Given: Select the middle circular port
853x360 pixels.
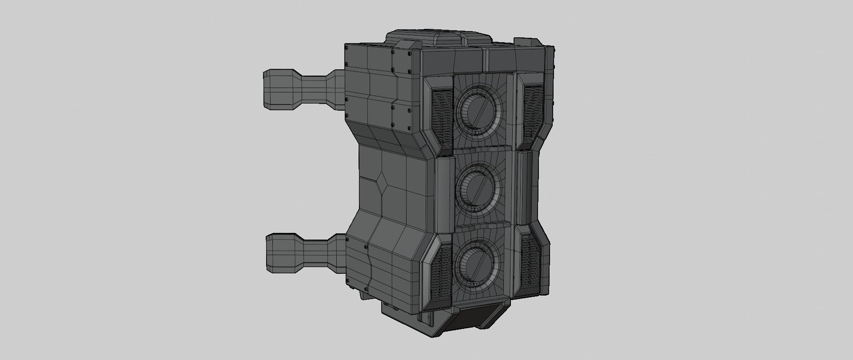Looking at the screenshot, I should pyautogui.click(x=478, y=188).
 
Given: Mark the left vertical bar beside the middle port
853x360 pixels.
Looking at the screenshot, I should pyautogui.click(x=444, y=196).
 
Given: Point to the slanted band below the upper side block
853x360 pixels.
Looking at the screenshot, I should pyautogui.click(x=382, y=136).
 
